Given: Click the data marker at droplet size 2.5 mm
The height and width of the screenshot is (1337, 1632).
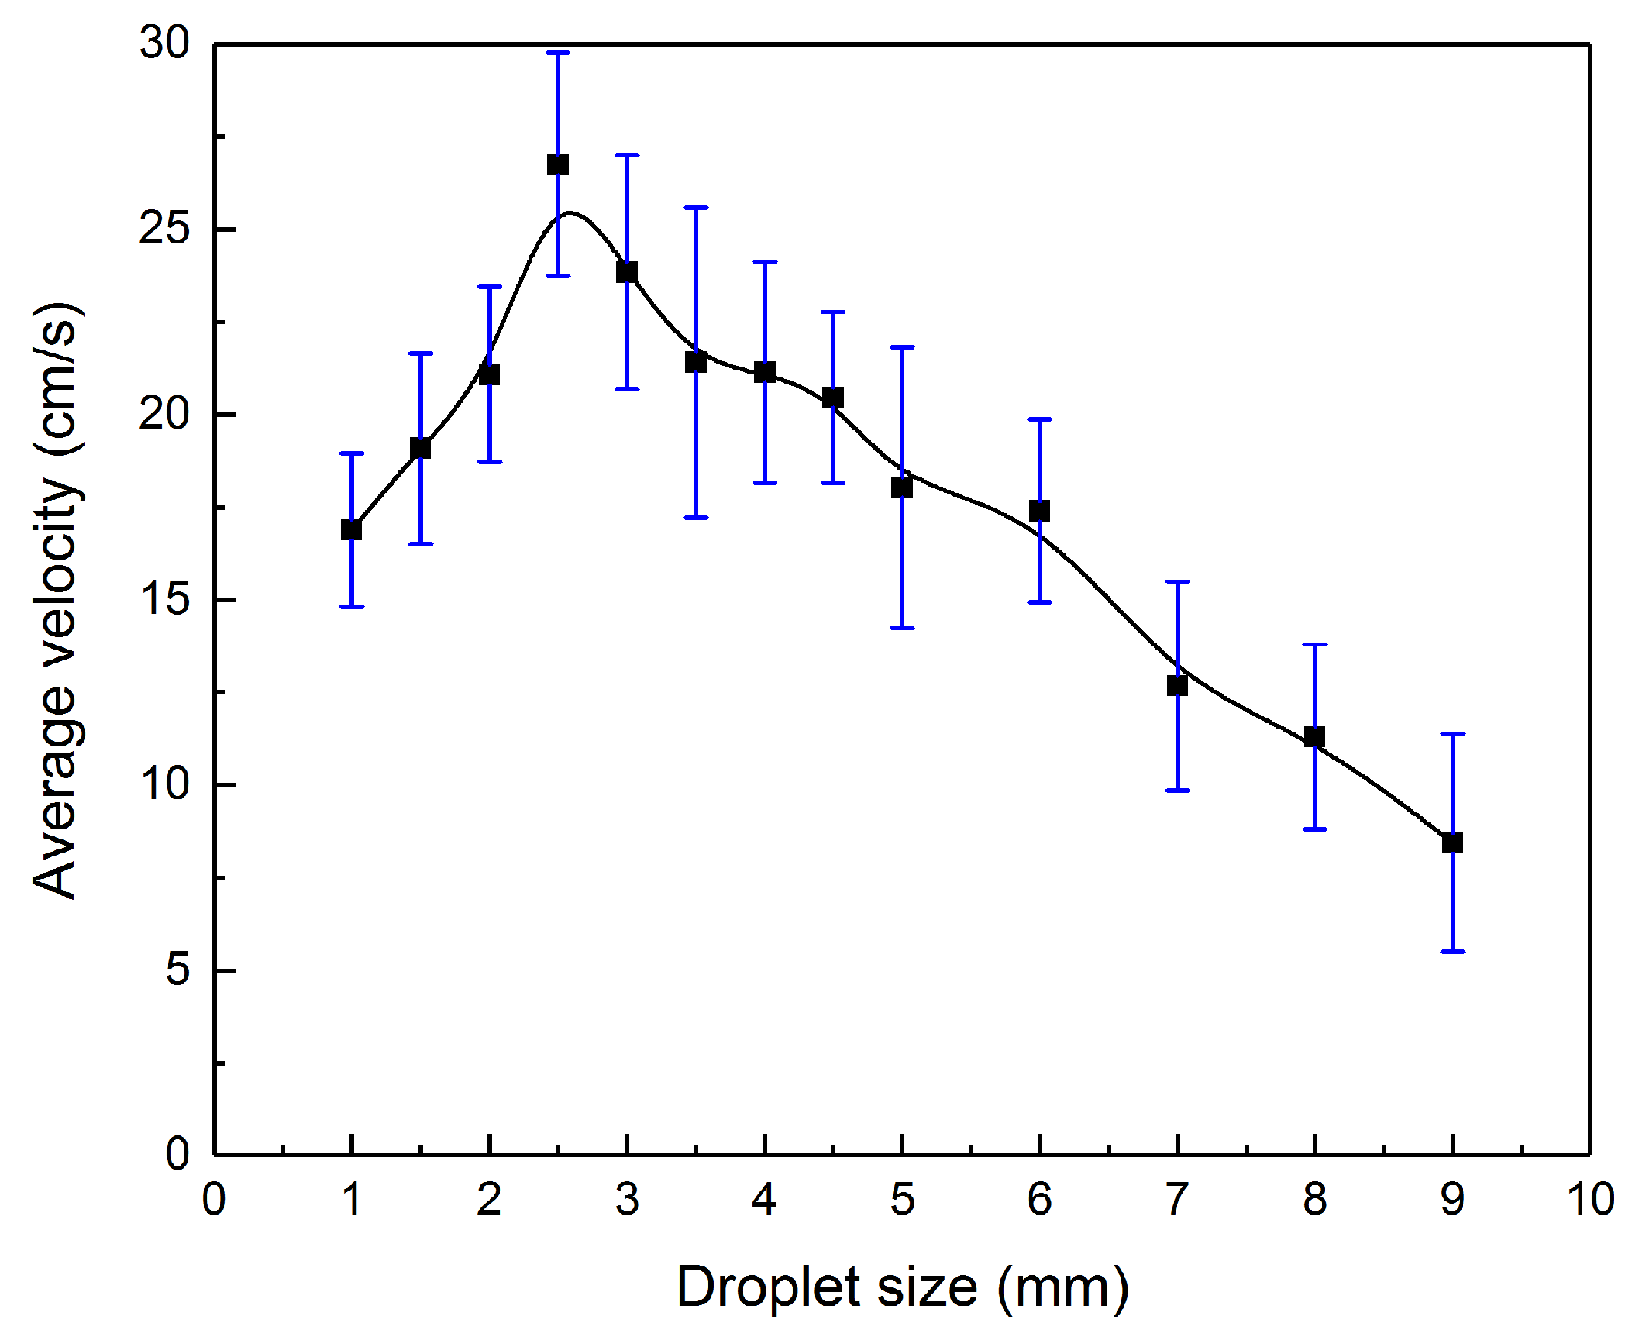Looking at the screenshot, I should [x=558, y=165].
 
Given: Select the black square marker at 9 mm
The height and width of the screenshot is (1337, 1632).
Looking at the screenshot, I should [x=1452, y=843].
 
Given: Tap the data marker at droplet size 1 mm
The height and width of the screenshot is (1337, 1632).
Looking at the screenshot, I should [x=351, y=530].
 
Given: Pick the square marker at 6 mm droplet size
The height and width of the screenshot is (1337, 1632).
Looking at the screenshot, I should [x=1039, y=511].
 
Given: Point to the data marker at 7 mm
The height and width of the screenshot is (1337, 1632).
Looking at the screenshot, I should [x=1177, y=685].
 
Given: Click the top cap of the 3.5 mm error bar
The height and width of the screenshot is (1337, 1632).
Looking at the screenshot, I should [x=696, y=208].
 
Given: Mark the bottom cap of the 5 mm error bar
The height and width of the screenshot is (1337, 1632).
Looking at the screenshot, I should [x=902, y=628].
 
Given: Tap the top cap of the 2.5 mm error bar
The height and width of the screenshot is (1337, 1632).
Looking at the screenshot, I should [x=558, y=53].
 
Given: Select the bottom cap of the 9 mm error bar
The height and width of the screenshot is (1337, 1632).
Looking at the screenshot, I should [x=1452, y=951].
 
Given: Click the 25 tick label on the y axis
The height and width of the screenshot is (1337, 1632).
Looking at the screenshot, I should [x=164, y=229].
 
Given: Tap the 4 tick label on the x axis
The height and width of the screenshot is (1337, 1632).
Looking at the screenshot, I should [x=764, y=1199].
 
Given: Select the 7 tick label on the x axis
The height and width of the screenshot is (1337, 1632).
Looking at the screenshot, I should [x=1177, y=1199].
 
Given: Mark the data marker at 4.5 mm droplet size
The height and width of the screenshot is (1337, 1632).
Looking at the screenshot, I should [x=833, y=398].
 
